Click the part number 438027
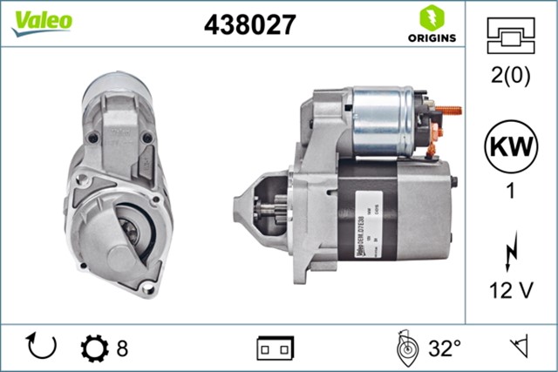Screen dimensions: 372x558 (x=249, y=24)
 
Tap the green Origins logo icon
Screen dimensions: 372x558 (x=430, y=17)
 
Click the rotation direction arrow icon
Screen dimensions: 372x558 (x=41, y=347)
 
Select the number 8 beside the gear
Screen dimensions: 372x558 (x=122, y=348)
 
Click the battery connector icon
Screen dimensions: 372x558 (x=274, y=348)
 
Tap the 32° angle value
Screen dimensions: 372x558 (x=444, y=348)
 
